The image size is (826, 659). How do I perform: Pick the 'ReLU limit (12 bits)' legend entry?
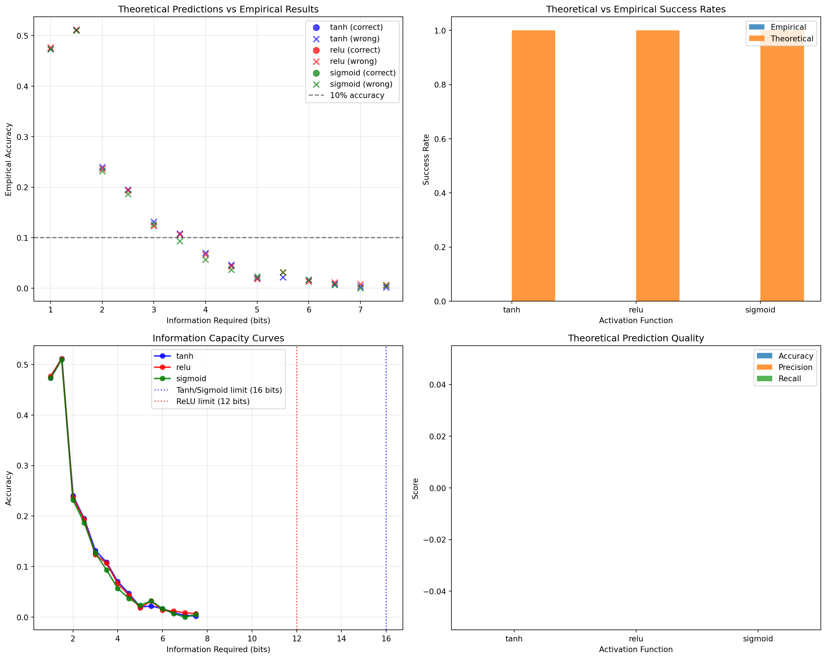[x=213, y=401]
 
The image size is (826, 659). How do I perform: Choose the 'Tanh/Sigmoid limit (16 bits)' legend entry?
[x=229, y=390]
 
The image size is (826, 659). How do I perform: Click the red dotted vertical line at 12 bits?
[x=297, y=498]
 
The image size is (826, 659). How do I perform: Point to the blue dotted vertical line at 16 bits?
[x=386, y=498]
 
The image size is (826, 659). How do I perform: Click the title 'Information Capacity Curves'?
[x=218, y=338]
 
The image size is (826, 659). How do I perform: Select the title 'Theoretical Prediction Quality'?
[x=636, y=338]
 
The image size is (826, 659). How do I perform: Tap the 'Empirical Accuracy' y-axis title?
[x=8, y=159]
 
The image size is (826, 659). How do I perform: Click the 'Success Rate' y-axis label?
[x=426, y=159]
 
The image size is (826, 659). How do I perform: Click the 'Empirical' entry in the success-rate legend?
[x=788, y=27]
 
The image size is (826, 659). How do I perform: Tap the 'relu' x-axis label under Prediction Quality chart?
[x=636, y=639]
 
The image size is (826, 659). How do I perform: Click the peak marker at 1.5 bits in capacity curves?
[x=62, y=359]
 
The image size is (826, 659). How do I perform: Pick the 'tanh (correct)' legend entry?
[x=356, y=27]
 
